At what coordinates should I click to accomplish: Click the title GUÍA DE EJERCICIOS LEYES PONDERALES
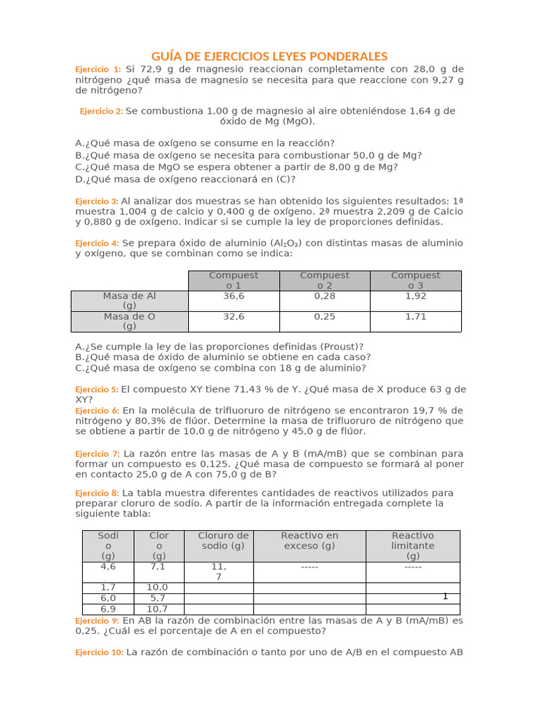click(x=269, y=56)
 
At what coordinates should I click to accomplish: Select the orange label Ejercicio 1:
click(x=98, y=70)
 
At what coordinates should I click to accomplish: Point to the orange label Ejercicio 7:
click(x=98, y=454)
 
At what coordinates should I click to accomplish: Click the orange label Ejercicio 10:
click(x=100, y=652)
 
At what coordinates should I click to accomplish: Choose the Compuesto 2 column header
click(x=324, y=280)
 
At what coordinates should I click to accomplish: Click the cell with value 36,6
click(x=234, y=296)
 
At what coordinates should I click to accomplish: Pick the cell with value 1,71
click(x=415, y=317)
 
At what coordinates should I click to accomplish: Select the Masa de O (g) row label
click(x=129, y=322)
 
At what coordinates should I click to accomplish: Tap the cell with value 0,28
click(x=324, y=296)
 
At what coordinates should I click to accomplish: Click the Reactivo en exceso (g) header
click(x=310, y=541)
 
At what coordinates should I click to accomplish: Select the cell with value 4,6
click(x=108, y=567)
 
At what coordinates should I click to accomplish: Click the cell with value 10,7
click(x=157, y=609)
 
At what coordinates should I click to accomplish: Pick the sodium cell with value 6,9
click(x=108, y=609)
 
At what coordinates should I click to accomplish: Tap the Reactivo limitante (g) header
click(x=413, y=546)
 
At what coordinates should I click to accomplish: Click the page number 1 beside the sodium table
click(x=445, y=596)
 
